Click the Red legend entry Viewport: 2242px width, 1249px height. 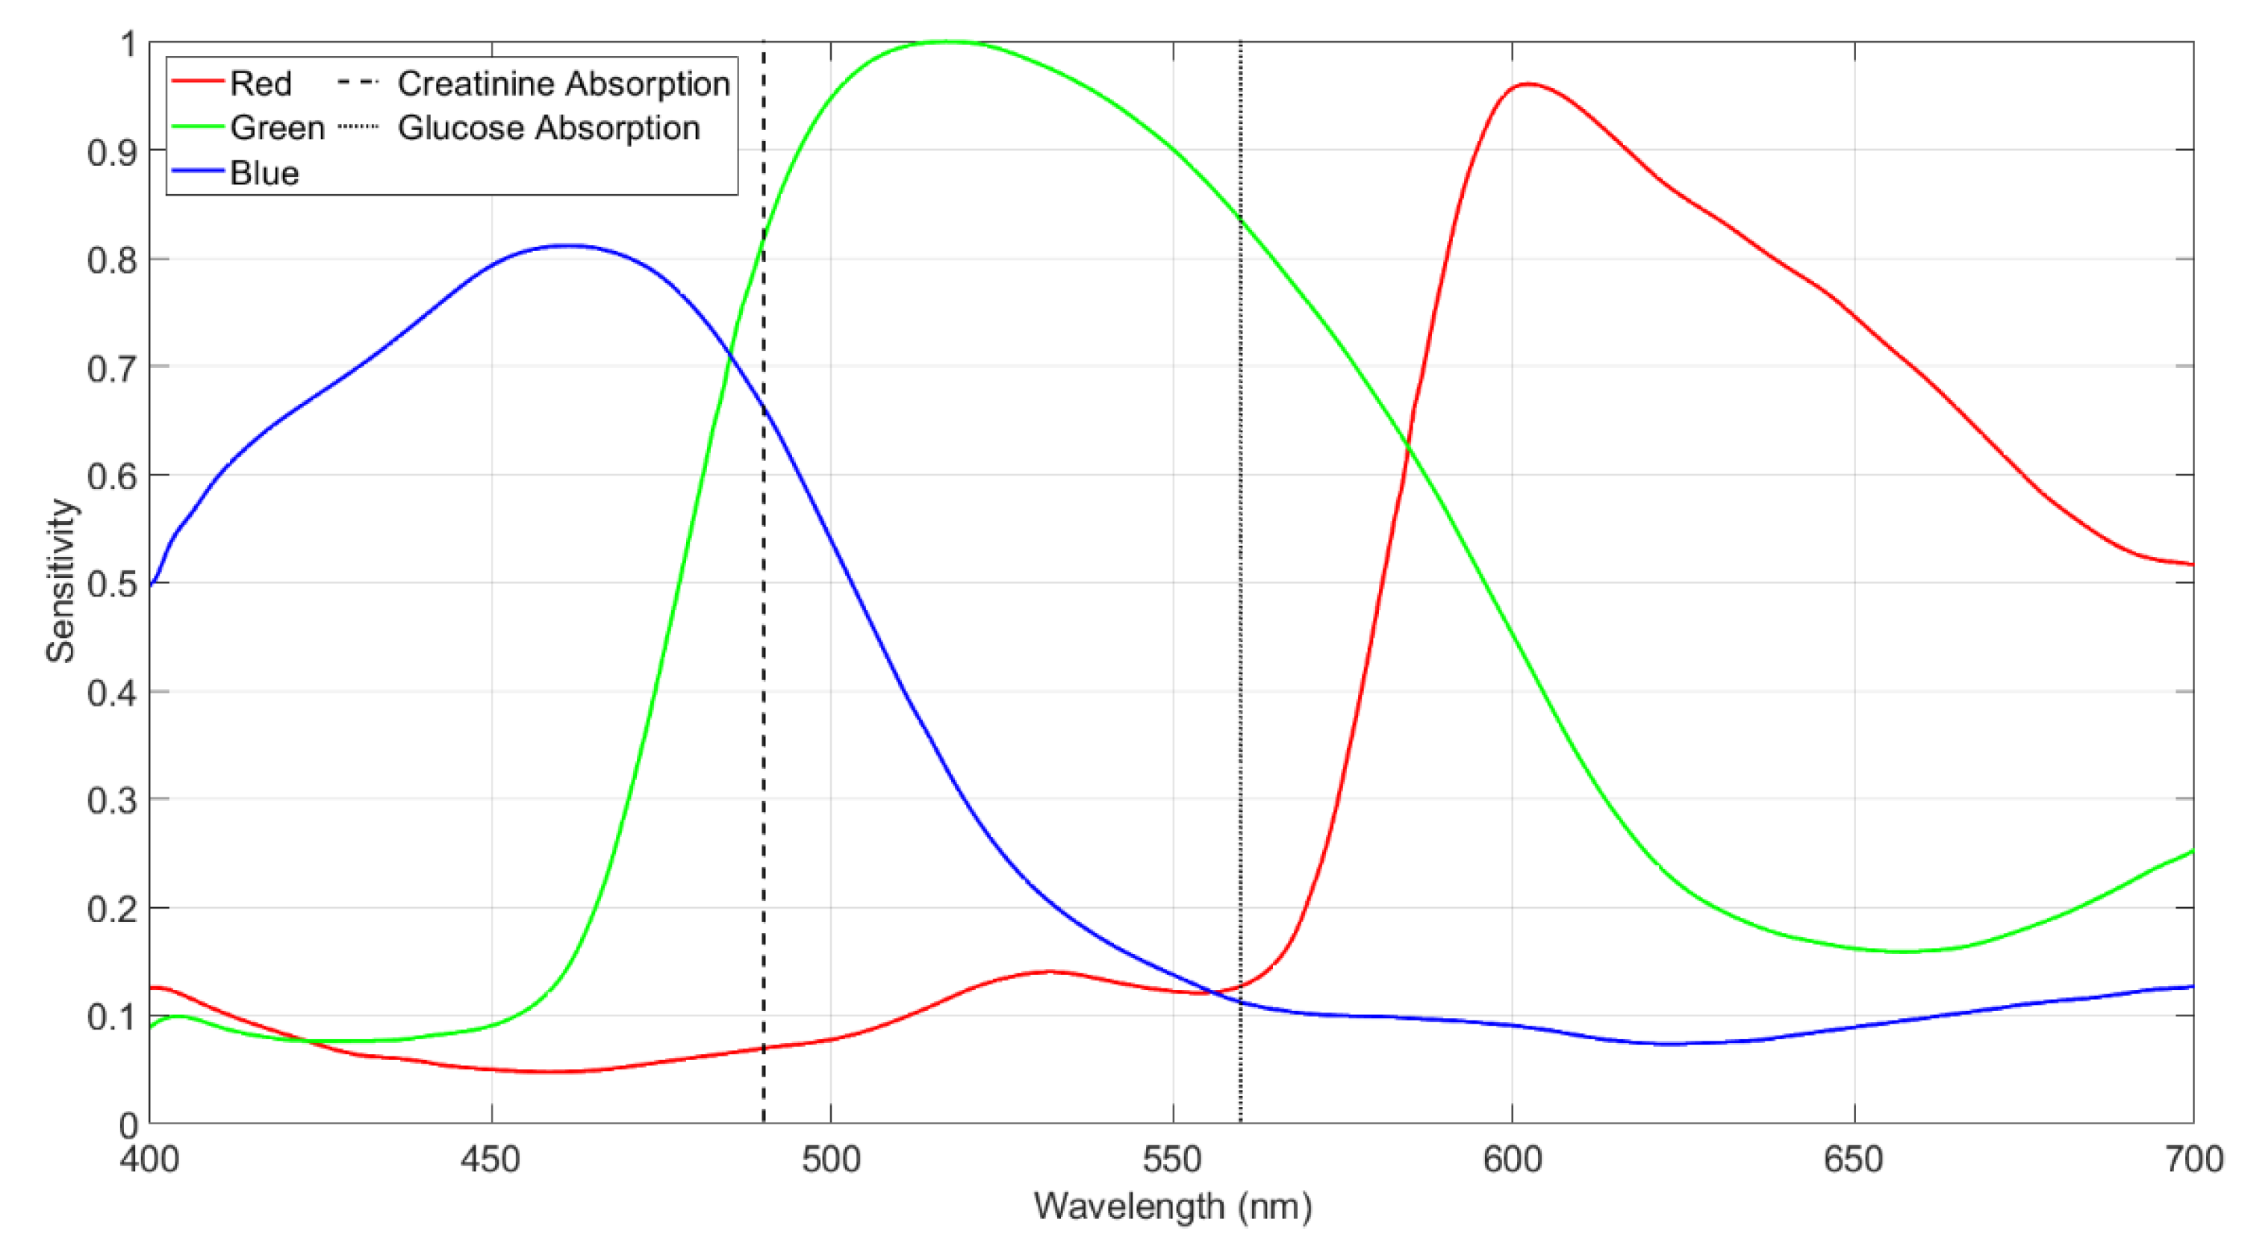tap(259, 84)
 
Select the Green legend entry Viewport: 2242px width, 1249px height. tap(277, 128)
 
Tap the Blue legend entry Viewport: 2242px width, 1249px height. tap(264, 173)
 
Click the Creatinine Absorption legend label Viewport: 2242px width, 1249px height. tap(563, 84)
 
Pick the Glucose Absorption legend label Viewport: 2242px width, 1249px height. tap(548, 128)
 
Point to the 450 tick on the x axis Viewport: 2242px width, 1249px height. tap(492, 1159)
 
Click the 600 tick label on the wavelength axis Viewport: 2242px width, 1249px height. tap(1513, 1159)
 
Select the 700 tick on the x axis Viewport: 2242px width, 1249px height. tap(2193, 1159)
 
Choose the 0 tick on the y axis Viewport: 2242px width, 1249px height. tap(128, 1125)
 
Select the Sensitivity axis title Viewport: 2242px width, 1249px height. tap(61, 582)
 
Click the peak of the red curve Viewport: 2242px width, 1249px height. tap(1528, 84)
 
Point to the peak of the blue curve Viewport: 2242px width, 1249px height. tap(567, 246)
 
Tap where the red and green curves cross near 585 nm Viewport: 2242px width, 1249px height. tap(1407, 446)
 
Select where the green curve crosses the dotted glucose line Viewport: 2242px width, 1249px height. tap(1240, 219)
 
